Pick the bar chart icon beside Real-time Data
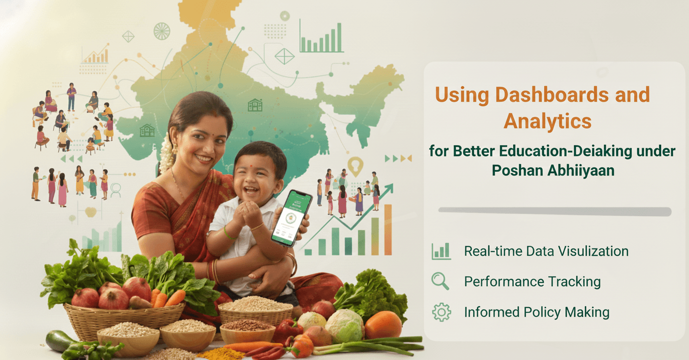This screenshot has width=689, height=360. (441, 251)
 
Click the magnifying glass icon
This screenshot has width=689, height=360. (440, 281)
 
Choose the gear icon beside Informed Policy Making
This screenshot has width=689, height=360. (441, 312)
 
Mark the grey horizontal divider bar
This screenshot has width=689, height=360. (554, 211)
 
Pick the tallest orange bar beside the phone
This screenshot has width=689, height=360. (388, 229)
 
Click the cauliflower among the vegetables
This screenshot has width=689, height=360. (344, 326)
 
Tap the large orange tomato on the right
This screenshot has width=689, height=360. (383, 325)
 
